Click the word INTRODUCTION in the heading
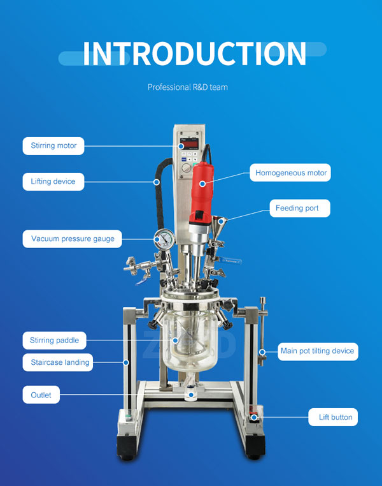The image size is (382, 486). (x=195, y=54)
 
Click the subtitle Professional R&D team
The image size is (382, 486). (x=188, y=87)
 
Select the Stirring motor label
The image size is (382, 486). (x=53, y=145)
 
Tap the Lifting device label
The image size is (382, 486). (x=53, y=182)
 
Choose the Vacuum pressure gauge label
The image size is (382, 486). (x=73, y=239)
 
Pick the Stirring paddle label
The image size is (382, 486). (x=55, y=341)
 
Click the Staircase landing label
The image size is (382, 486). (x=58, y=362)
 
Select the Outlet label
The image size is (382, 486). (x=41, y=395)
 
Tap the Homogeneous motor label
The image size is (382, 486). (x=290, y=173)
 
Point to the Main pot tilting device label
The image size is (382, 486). (x=318, y=351)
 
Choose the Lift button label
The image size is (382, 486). (x=333, y=417)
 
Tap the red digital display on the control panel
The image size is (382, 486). (x=189, y=144)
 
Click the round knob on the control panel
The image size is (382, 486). (x=186, y=168)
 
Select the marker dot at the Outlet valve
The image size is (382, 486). (x=192, y=395)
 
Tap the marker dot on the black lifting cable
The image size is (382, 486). (x=157, y=182)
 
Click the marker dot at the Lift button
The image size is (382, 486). (x=254, y=418)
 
